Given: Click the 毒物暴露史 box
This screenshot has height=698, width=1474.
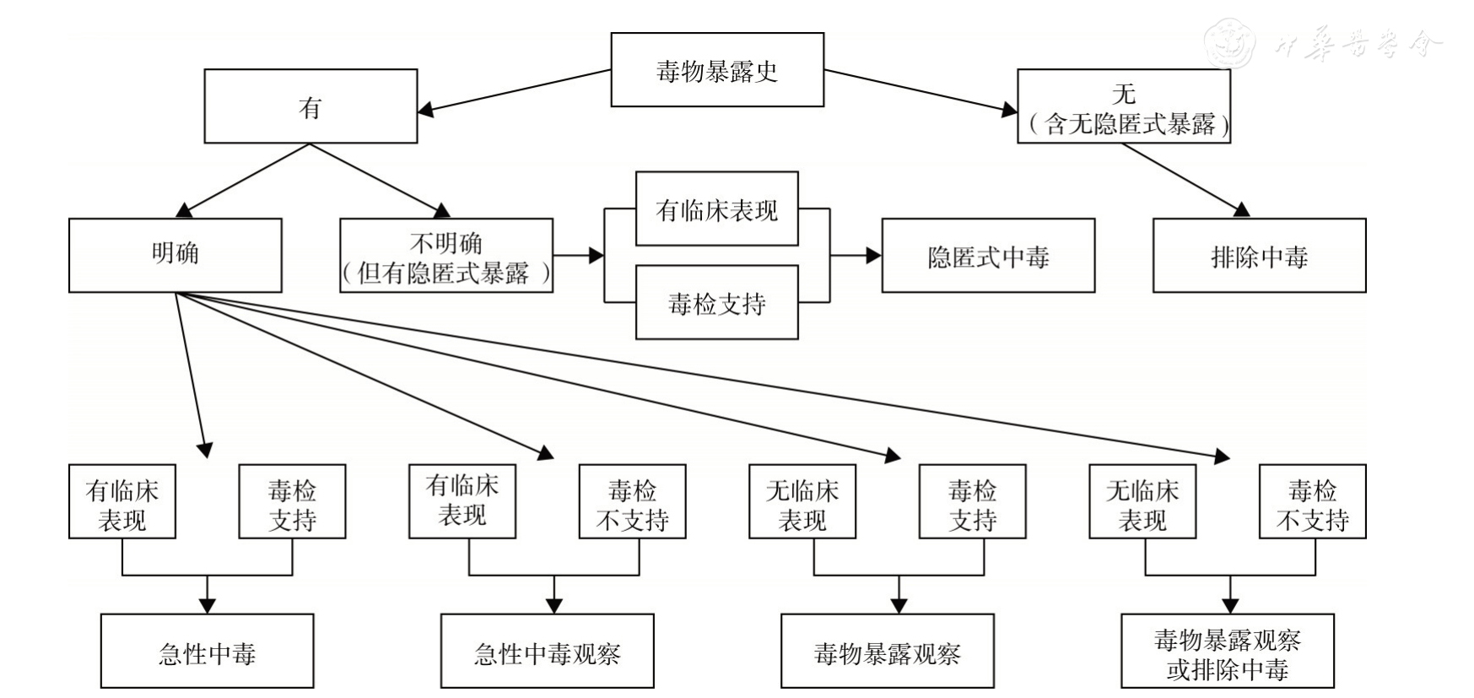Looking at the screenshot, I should coord(716,70).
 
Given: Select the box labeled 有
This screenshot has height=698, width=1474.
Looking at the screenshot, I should coord(310,106).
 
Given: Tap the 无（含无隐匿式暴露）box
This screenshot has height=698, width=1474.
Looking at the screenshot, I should coord(1123,106).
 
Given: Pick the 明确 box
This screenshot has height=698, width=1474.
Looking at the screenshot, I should coord(175,255).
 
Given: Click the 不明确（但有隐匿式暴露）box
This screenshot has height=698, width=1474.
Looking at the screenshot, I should coord(445,255).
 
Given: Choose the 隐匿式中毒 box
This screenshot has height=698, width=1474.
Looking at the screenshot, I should coord(988,255).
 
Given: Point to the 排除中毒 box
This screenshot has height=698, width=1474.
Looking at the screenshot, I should coord(1259,255).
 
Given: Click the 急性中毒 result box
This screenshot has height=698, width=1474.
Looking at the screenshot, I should coord(207,651).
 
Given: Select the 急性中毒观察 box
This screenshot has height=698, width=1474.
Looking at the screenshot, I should coord(547,651).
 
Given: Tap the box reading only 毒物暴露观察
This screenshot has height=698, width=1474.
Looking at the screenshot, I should coord(887,651).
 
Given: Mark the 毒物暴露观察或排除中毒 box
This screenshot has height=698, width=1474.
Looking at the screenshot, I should coord(1227,651).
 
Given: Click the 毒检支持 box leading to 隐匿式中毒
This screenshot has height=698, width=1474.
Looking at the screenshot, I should coord(716,302).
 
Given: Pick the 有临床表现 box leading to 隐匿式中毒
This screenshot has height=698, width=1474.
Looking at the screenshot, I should coord(716,209).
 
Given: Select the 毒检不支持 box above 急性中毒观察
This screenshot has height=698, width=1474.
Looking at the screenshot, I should coord(632,501).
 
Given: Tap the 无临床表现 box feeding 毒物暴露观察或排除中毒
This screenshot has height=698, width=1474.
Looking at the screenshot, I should coord(1142,501).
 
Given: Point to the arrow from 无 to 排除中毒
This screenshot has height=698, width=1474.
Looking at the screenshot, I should coord(1181,179).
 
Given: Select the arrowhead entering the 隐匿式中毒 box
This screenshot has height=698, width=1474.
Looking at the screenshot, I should coord(873,255).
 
